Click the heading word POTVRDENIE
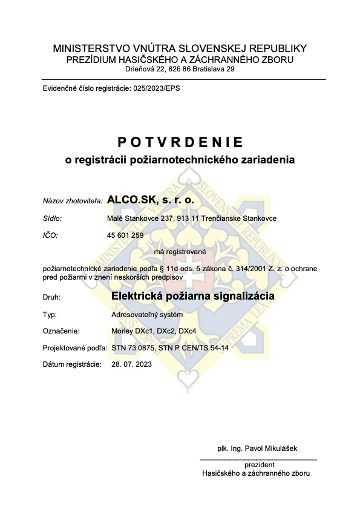tap(180, 142)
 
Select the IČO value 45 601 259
tap(127, 235)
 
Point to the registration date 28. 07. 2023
tap(132, 365)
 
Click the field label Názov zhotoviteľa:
tap(73, 200)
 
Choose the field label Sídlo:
tap(52, 218)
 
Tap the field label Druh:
tap(51, 298)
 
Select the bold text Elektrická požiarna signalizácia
tap(193, 297)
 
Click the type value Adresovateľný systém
tap(146, 315)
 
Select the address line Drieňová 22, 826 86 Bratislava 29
tap(180, 69)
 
